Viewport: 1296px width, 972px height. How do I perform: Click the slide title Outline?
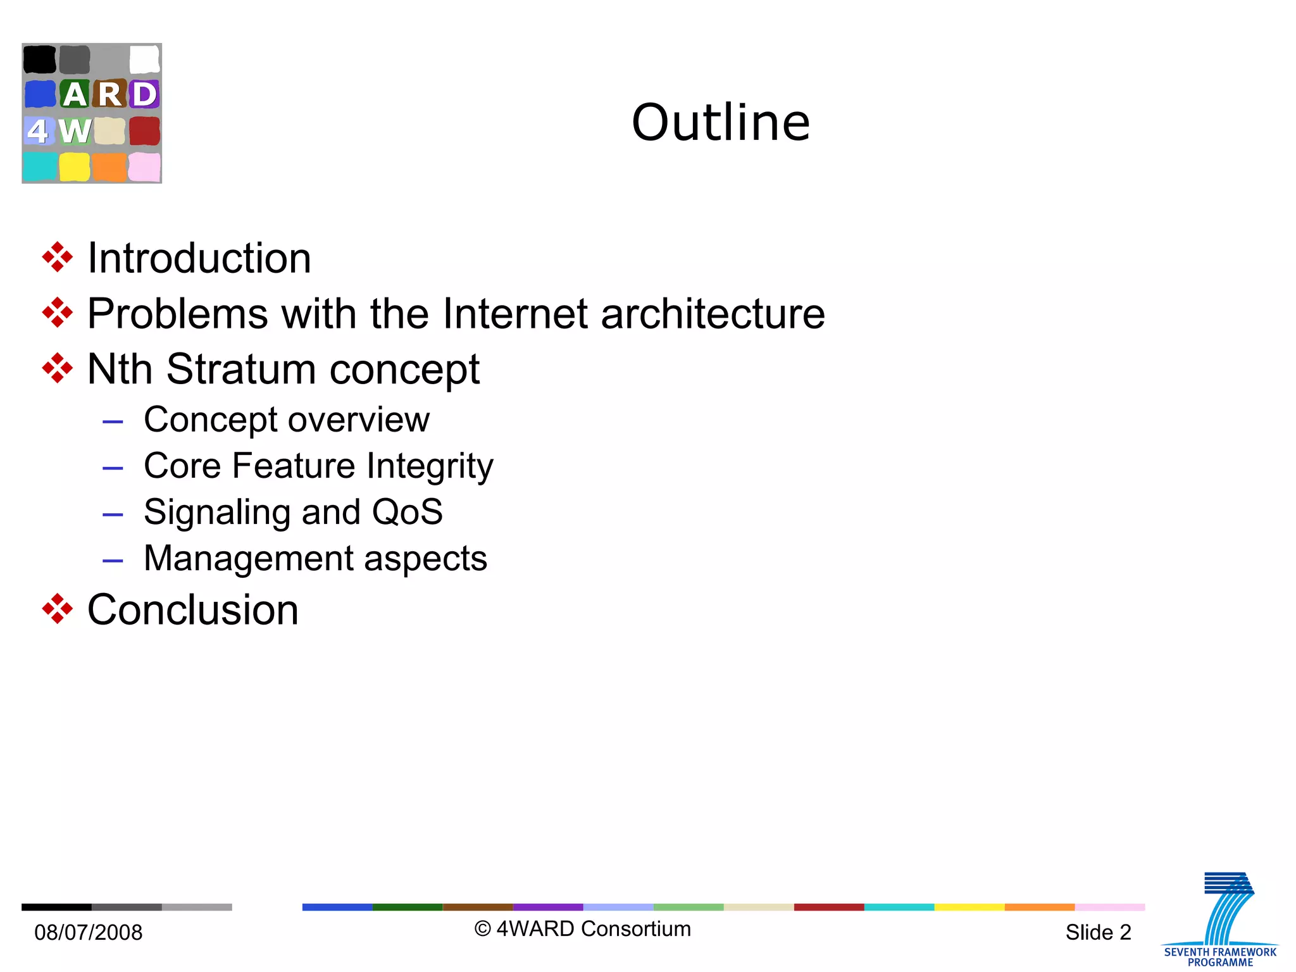721,122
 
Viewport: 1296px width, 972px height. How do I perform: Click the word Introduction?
199,258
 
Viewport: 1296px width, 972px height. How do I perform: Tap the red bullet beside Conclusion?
57,609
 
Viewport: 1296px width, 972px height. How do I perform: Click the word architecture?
713,313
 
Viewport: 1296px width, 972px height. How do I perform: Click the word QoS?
407,512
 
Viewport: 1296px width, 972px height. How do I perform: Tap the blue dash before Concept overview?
113,421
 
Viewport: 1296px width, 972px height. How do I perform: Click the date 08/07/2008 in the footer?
88,932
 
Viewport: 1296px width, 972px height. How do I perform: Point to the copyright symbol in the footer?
482,929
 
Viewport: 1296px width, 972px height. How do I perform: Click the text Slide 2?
1098,932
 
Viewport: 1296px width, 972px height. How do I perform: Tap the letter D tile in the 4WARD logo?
144,94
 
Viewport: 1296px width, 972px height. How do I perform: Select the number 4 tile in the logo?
38,131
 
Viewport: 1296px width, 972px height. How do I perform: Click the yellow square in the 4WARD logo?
75,167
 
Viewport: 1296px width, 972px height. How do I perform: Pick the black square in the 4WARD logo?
39,59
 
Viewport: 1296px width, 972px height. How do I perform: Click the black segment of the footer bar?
56,907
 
